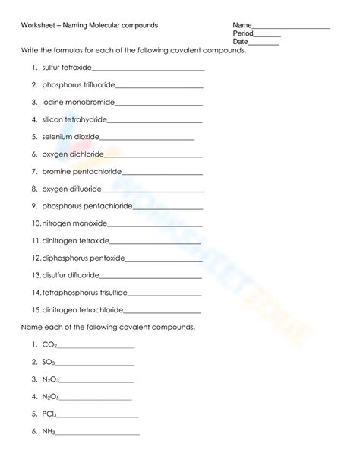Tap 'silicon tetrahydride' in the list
pos(74,119)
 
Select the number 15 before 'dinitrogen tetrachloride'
pos(36,310)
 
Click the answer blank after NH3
pos(98,433)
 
